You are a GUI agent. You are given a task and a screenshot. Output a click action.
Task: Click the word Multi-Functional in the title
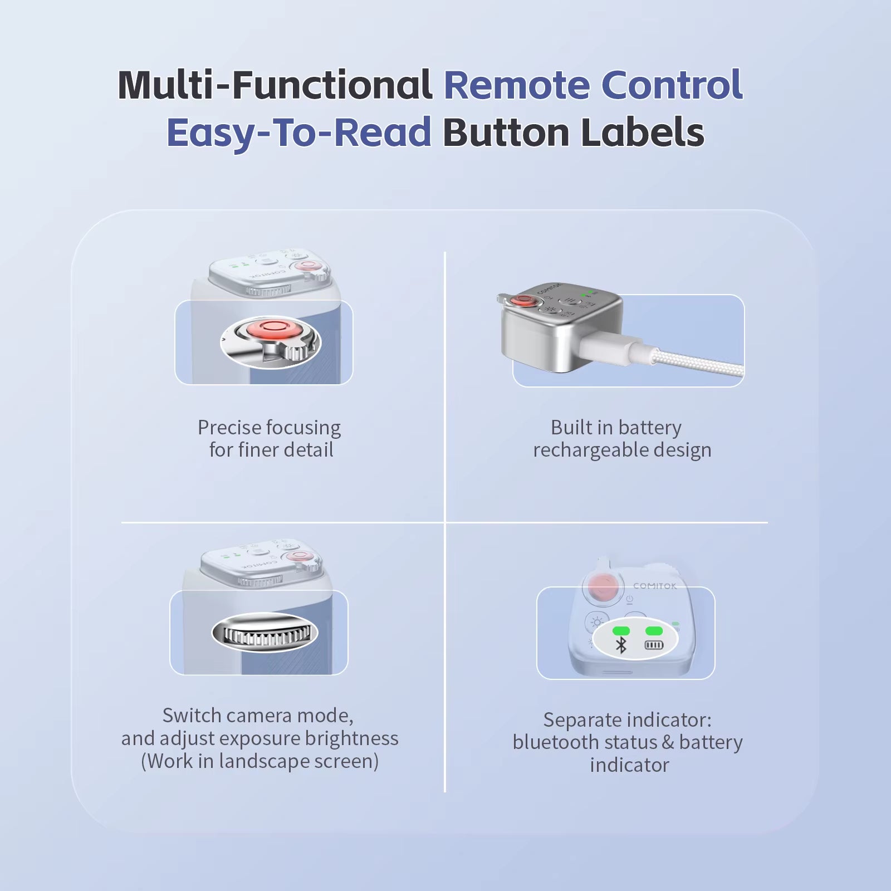tap(275, 85)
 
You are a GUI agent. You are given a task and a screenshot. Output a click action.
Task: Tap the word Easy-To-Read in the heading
tap(299, 133)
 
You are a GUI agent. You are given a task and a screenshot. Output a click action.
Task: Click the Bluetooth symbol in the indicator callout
tap(621, 645)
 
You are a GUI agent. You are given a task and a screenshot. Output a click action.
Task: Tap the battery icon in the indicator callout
tap(654, 645)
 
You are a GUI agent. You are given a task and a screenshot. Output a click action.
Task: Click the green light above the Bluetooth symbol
tap(621, 631)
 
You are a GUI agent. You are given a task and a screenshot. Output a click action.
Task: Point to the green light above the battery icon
tap(654, 631)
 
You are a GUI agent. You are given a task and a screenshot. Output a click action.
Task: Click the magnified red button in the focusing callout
tap(273, 328)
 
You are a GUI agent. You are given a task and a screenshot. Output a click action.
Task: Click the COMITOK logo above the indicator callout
tap(655, 586)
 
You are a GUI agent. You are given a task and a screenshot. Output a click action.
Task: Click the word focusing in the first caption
tap(305, 428)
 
